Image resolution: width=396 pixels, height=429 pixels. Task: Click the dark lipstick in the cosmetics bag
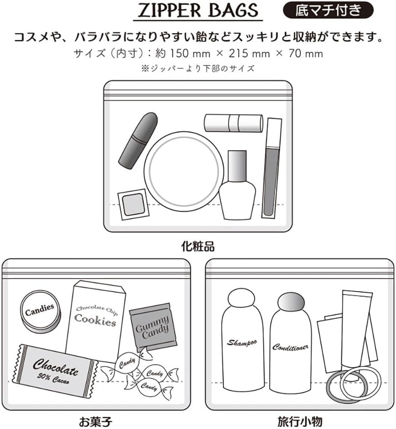pos(138,140)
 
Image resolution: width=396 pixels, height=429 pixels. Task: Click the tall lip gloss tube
pos(272,167)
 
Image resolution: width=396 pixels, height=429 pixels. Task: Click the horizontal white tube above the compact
pos(233,122)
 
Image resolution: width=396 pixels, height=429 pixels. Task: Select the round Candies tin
pos(40,312)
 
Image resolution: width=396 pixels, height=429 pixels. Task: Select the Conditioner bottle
pos(290,345)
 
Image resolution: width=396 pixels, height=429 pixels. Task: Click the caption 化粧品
pos(198,247)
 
